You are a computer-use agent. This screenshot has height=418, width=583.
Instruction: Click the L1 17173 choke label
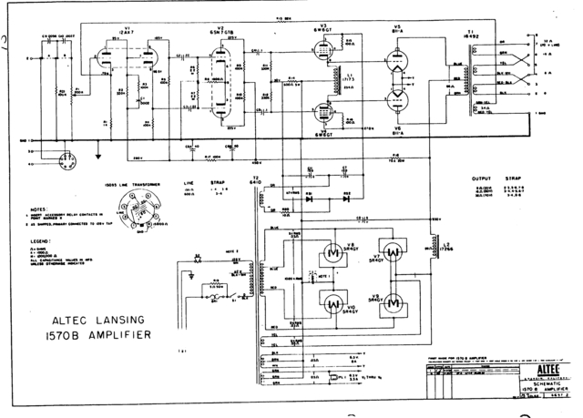[352, 80]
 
